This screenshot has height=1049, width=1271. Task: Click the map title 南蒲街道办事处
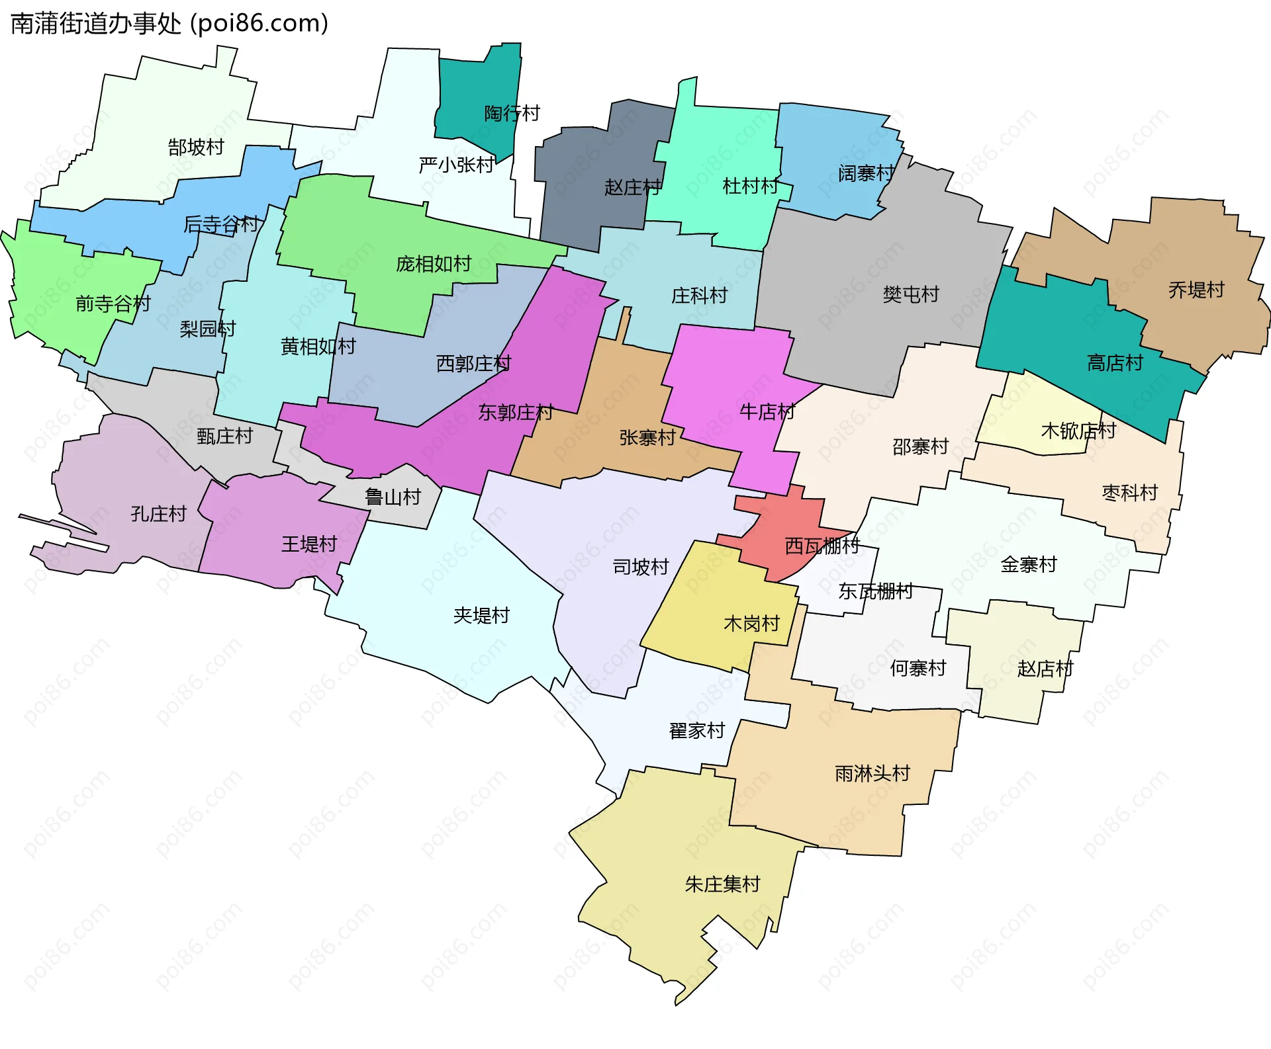coord(96,24)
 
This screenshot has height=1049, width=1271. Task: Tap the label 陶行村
coord(512,113)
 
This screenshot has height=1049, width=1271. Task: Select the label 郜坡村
coord(196,147)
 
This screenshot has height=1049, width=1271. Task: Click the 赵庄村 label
coord(632,187)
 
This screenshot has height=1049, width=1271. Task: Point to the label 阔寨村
coord(866,173)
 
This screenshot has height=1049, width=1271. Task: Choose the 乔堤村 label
coord(1196,290)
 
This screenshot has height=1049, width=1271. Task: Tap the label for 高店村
coord(1115,362)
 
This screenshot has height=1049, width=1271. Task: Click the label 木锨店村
coord(1078,431)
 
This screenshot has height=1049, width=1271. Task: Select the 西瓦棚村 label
coord(822,546)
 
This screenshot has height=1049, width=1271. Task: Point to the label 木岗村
coord(751,623)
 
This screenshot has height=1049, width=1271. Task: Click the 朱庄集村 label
coord(722,884)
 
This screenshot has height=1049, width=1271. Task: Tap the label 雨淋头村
coord(872,773)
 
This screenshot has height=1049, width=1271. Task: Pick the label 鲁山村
coord(393,497)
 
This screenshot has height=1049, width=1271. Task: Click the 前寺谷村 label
coord(113,304)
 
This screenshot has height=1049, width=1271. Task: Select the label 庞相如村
coord(434,264)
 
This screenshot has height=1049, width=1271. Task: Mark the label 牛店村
coord(767,411)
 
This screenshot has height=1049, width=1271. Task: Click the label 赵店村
coord(1045,669)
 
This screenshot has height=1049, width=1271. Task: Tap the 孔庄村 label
coord(158,513)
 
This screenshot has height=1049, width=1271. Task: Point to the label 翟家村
coord(697,730)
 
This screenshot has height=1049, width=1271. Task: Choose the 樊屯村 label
coord(911,294)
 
